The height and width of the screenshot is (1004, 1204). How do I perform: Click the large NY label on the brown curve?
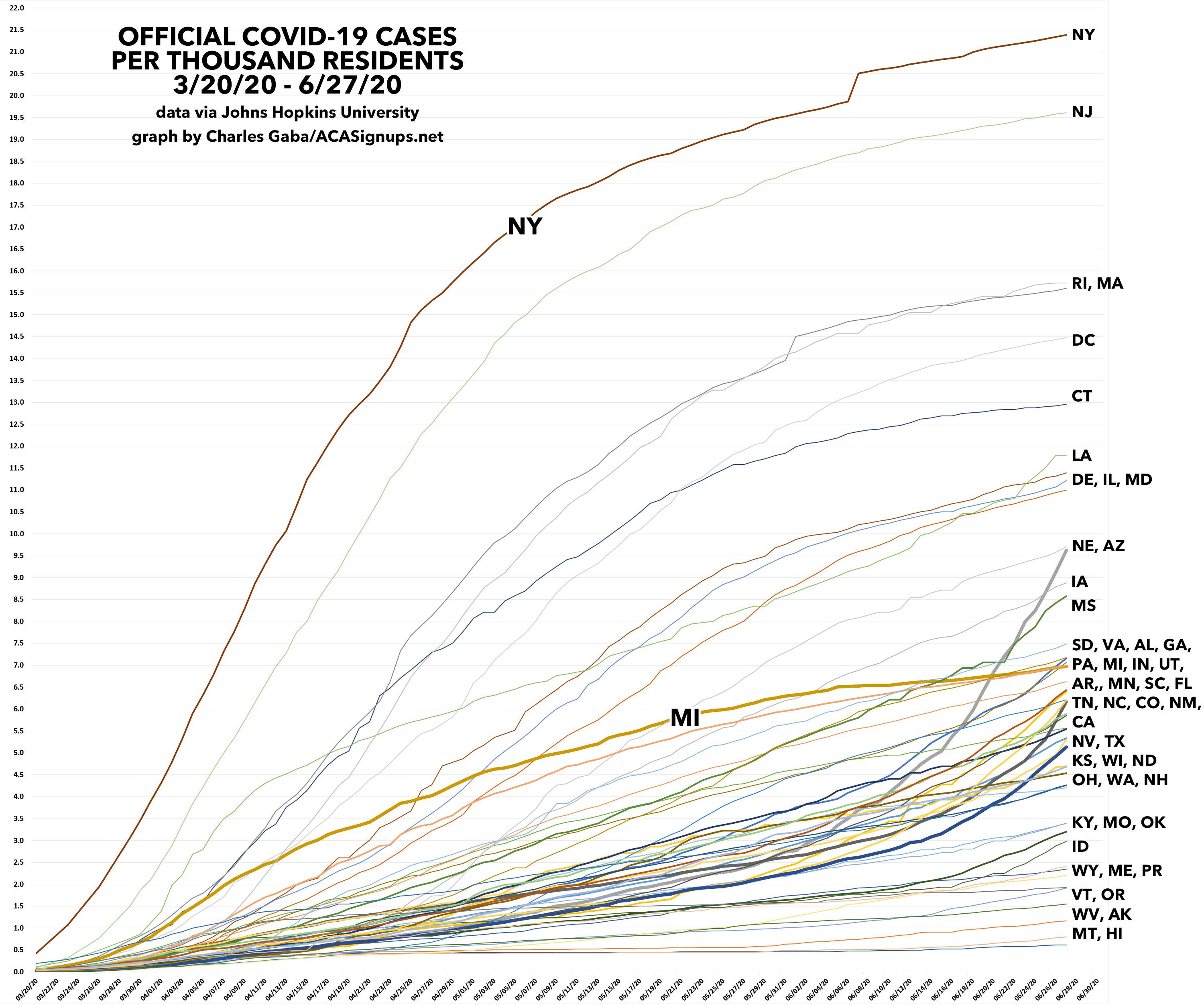[x=525, y=226]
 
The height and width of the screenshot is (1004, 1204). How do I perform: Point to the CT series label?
[x=1081, y=396]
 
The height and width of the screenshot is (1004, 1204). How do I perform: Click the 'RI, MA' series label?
[x=1097, y=283]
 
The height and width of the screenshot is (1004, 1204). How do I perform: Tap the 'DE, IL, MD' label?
[x=1111, y=479]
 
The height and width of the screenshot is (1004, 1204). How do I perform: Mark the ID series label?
[x=1080, y=846]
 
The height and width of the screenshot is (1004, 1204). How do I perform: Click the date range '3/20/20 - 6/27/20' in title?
[x=287, y=85]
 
